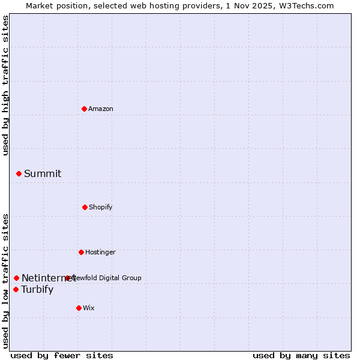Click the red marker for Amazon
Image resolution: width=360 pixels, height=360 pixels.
tap(84, 109)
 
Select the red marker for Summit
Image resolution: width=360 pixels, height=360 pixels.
tap(19, 173)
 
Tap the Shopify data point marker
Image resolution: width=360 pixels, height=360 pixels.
tap(85, 207)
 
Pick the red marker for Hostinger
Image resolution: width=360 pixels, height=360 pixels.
tap(81, 252)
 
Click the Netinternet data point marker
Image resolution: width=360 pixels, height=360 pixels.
tap(16, 278)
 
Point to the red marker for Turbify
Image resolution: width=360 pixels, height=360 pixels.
tap(16, 289)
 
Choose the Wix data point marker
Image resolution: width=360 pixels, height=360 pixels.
tap(79, 308)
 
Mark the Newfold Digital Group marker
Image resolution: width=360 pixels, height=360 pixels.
tap(67, 278)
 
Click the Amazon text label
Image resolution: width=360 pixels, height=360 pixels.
tap(101, 109)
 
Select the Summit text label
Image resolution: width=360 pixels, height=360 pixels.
tap(43, 173)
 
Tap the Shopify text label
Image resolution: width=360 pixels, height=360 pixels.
tap(101, 207)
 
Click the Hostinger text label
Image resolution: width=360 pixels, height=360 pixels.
tap(100, 252)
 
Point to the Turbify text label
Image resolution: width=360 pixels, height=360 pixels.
tap(37, 289)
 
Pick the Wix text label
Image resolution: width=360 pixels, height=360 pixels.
tap(89, 308)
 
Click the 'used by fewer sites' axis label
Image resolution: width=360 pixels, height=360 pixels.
tap(62, 356)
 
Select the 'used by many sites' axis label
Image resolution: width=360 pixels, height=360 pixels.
tap(301, 356)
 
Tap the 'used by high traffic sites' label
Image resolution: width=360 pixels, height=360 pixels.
tap(6, 86)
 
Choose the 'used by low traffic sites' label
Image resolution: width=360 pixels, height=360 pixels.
tap(6, 281)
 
